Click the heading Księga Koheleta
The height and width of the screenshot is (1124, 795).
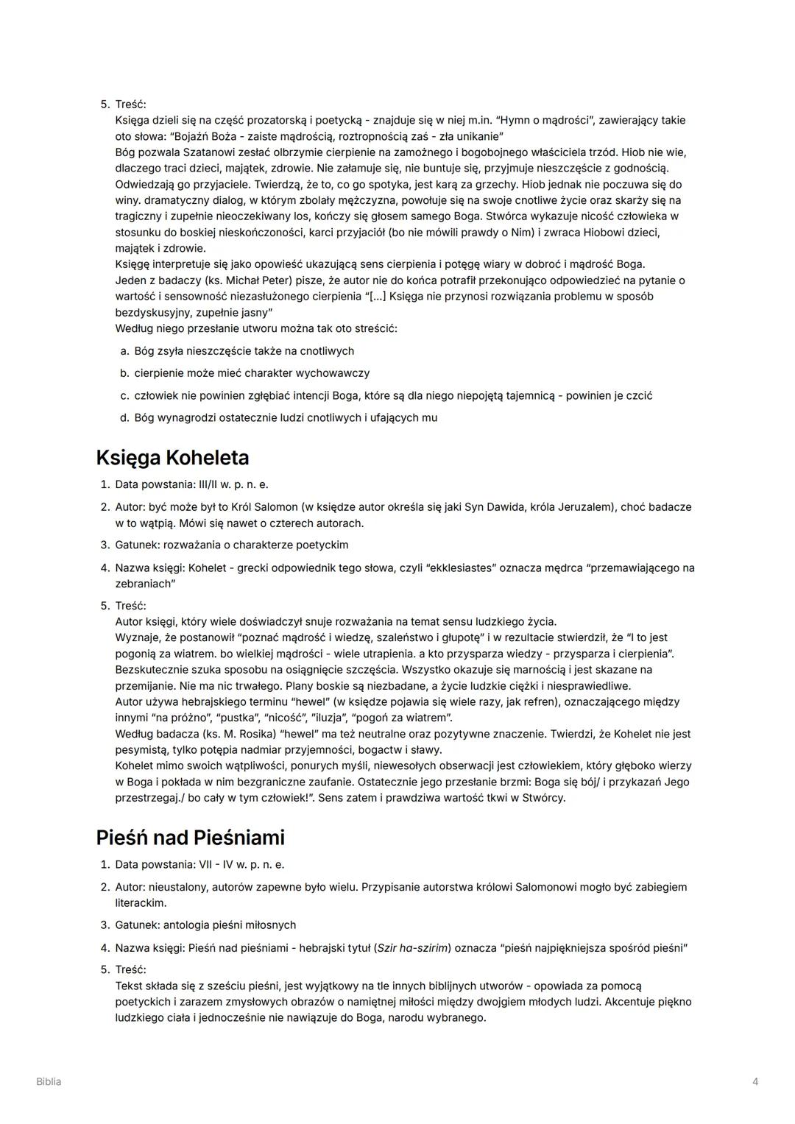172,458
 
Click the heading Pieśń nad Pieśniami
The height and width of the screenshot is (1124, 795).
190,838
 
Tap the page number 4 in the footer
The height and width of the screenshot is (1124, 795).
755,1081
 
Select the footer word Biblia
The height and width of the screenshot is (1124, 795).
49,1081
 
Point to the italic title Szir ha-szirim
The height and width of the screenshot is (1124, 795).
413,947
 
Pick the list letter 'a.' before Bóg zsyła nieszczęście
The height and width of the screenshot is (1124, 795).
124,351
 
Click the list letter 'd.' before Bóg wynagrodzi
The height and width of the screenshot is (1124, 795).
124,418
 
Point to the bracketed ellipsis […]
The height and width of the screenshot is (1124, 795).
375,297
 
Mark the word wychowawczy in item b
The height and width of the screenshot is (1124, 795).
336,373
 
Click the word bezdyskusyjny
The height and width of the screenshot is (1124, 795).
152,312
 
